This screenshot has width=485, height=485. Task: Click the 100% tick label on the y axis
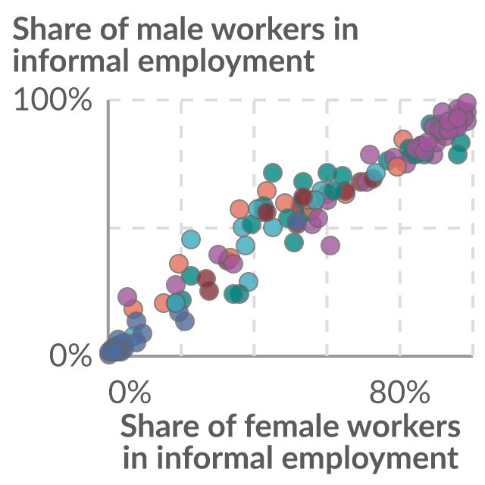[53, 99]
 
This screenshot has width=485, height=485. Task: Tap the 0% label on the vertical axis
[70, 355]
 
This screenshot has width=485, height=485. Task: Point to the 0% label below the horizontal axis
[130, 392]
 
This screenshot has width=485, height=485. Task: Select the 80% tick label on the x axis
[399, 392]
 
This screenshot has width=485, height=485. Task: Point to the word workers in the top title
[273, 29]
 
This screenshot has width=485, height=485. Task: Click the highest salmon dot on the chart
[402, 139]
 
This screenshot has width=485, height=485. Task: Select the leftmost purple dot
[127, 296]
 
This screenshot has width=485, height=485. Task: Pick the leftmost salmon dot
[133, 308]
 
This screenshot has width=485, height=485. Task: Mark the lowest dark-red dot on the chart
[209, 291]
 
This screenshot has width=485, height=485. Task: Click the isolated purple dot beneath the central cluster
[330, 246]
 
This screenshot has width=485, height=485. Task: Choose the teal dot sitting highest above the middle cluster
[273, 172]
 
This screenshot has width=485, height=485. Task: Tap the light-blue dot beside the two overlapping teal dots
[248, 282]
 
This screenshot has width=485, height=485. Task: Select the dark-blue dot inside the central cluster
[297, 221]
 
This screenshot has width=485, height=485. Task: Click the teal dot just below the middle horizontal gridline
[294, 242]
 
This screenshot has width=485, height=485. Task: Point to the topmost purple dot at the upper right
[467, 102]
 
